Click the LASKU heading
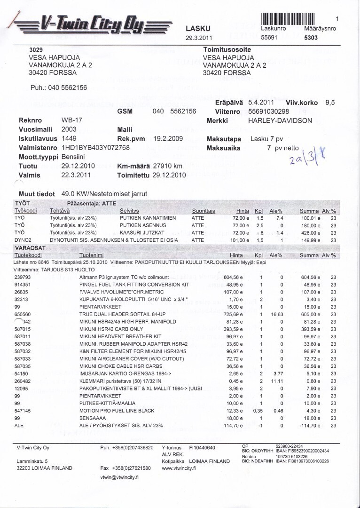coord(197,29)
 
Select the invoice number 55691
coord(270,37)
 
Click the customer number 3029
coord(36,49)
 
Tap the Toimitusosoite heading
coord(227,49)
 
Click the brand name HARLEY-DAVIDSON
coord(280,120)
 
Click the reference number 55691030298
coord(266,111)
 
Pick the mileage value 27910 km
coord(167,166)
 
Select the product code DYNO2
coord(23,240)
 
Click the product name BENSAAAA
coord(93,418)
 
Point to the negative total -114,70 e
coord(309,425)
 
